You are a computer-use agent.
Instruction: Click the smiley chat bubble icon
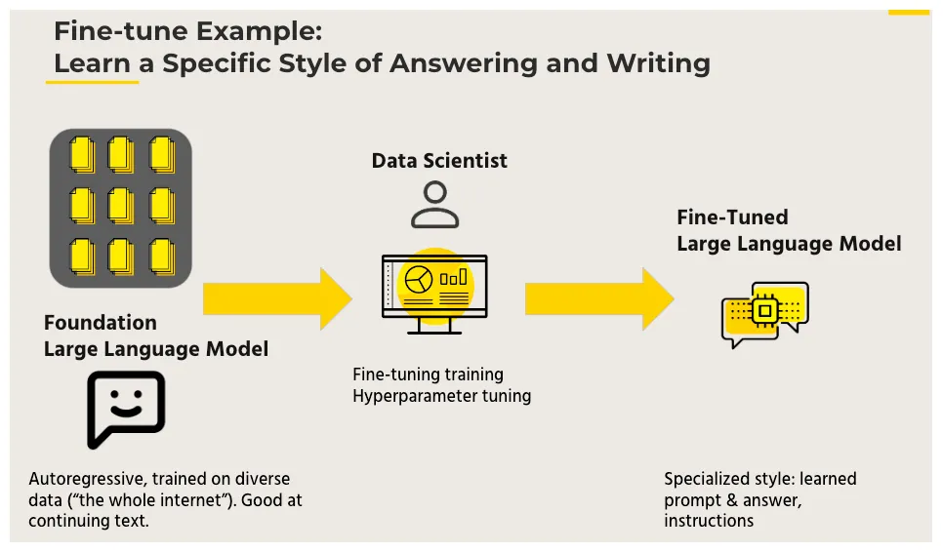(125, 409)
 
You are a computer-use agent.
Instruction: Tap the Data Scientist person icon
(434, 205)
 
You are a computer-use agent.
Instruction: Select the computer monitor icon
(434, 292)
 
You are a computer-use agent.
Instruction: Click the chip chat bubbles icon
(764, 314)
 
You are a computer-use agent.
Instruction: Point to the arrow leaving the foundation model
(276, 298)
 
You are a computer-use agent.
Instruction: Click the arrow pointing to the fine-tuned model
(598, 298)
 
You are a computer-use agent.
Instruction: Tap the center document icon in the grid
(121, 205)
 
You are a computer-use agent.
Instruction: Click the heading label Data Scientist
(439, 161)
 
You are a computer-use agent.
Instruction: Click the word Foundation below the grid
(100, 323)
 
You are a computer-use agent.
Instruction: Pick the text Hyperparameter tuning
(441, 396)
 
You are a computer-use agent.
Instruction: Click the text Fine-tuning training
(428, 375)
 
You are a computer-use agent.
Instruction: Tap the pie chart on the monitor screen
(419, 279)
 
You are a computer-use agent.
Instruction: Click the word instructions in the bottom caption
(709, 520)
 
